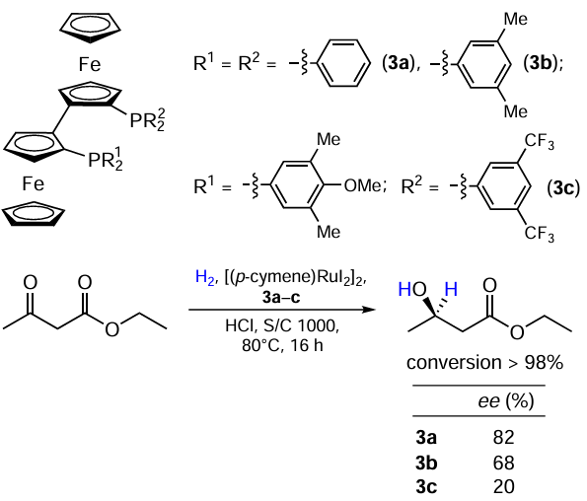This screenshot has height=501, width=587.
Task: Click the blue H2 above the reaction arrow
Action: click(205, 278)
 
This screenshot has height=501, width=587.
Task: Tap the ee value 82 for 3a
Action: click(503, 437)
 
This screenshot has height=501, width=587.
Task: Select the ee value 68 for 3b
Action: click(503, 463)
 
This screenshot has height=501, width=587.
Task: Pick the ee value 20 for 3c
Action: click(503, 487)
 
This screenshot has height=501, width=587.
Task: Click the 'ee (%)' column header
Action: click(506, 401)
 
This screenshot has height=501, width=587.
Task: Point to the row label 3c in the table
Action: click(426, 487)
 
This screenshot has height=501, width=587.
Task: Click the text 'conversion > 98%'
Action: click(484, 363)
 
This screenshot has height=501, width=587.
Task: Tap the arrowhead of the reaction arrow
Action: click(370, 310)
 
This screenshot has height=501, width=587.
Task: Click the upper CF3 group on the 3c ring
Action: click(539, 141)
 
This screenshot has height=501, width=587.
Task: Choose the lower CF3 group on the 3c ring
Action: click(539, 234)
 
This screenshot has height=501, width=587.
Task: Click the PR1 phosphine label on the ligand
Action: click(106, 159)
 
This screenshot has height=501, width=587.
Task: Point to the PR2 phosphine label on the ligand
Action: click(147, 119)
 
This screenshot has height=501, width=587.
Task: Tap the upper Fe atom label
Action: click(90, 64)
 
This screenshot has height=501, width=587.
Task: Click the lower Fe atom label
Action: click(33, 184)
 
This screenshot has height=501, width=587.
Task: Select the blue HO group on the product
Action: click(412, 289)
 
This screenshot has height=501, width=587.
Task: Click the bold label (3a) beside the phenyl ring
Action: click(399, 63)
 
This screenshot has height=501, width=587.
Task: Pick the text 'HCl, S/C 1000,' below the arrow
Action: click(282, 325)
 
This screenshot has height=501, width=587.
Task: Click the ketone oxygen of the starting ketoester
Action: click(31, 282)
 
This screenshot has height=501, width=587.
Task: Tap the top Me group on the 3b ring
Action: click(516, 19)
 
